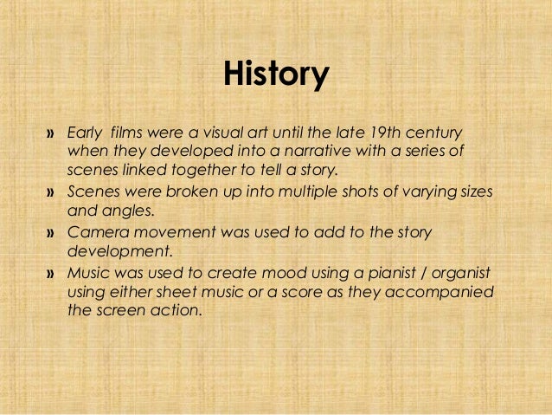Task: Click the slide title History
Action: click(276, 75)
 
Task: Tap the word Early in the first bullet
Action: click(84, 133)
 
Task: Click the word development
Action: click(116, 252)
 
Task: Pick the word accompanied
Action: click(440, 293)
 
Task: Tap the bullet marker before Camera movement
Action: click(50, 234)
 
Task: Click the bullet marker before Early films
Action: click(50, 133)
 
